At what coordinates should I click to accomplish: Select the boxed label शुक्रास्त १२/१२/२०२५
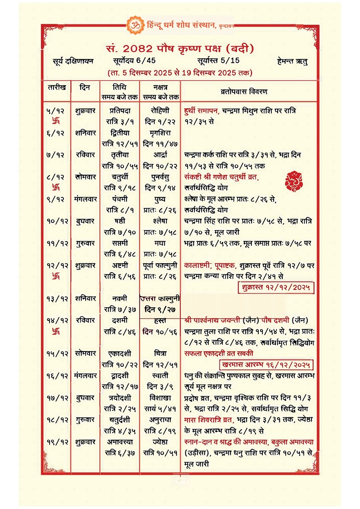point(276,287)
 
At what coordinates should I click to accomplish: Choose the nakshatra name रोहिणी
point(160,111)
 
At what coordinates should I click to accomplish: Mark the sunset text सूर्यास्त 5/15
point(219,61)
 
